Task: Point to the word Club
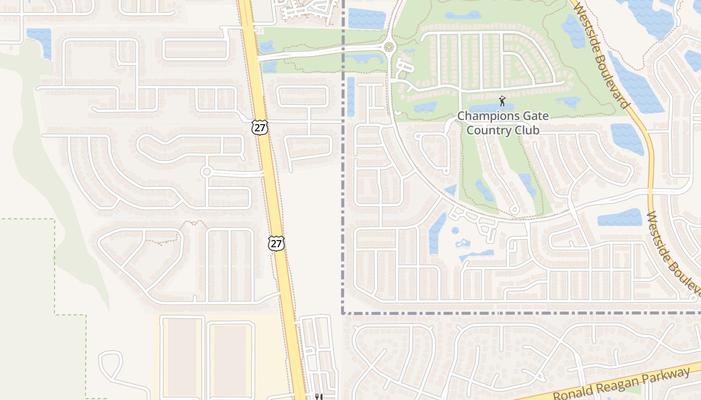526,130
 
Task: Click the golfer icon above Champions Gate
502,101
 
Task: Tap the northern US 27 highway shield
260,127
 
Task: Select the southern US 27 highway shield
276,243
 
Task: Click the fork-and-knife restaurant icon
317,397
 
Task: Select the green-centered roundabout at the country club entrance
389,47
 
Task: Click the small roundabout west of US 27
206,171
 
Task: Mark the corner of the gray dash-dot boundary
343,313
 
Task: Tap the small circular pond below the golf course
455,231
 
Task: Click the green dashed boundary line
55,265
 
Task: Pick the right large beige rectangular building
230,356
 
